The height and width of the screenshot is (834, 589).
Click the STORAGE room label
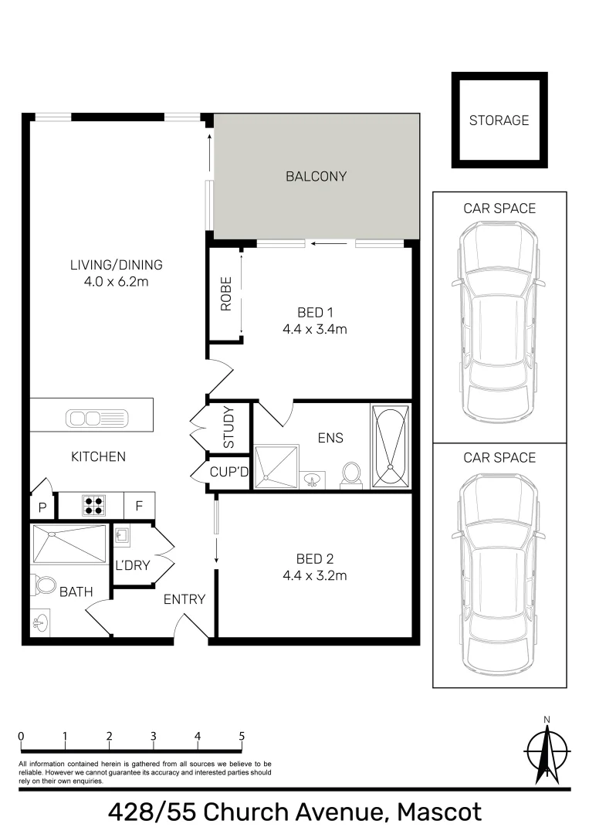(499, 120)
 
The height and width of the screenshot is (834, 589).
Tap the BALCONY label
(316, 176)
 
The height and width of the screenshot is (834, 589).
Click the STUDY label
(229, 427)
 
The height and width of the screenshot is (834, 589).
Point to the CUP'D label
(229, 472)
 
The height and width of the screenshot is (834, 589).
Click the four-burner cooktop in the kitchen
(93, 505)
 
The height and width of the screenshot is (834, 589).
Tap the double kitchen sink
(83, 419)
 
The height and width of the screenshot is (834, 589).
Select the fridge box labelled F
(139, 506)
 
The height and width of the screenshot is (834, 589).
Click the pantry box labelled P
(41, 507)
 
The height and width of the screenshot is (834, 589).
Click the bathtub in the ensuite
(391, 446)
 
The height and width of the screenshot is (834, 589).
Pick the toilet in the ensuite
(351, 473)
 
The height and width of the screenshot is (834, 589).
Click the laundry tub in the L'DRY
(122, 534)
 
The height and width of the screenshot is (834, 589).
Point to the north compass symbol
(547, 750)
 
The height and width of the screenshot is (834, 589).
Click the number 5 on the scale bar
(242, 736)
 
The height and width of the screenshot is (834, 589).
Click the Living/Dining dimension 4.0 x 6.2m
(116, 282)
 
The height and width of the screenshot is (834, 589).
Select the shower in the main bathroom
(69, 544)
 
